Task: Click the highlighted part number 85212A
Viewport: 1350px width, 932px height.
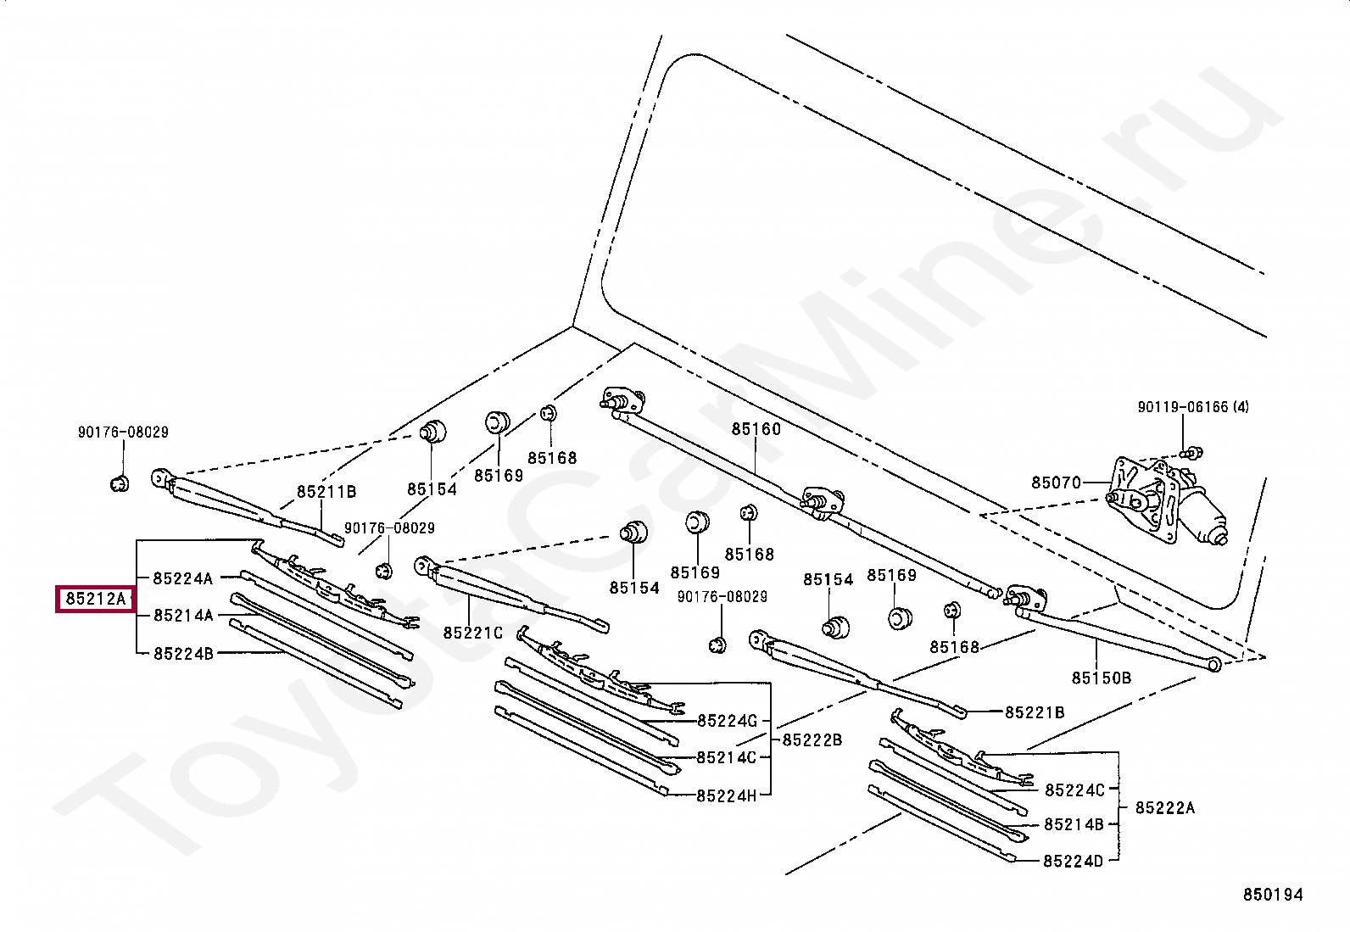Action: coord(95,599)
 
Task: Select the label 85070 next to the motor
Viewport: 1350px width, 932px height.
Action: coord(1056,483)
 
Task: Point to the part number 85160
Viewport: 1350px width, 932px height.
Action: coord(756,428)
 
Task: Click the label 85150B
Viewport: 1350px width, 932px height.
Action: coord(1101,678)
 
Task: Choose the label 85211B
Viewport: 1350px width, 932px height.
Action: coord(326,492)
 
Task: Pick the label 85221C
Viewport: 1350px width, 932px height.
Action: coord(472,633)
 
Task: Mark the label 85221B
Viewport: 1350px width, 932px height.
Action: coord(1035,712)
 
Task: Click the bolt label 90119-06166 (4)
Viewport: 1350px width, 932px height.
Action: coord(1193,407)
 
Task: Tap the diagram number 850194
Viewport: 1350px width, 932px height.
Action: coord(1273,895)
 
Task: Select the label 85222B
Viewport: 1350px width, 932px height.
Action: coord(812,739)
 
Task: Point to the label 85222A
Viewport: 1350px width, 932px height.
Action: coord(1164,807)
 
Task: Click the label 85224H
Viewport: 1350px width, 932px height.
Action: coord(726,795)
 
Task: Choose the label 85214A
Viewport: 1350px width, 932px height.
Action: coord(183,615)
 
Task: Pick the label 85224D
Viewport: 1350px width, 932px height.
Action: coord(1073,862)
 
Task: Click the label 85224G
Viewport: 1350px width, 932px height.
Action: coord(727,720)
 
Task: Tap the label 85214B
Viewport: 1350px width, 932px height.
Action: coord(1074,824)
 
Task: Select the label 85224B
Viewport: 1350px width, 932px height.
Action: coord(183,654)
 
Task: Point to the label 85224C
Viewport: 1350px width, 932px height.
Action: coord(1074,790)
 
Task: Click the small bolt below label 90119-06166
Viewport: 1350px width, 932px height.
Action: coord(1191,452)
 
